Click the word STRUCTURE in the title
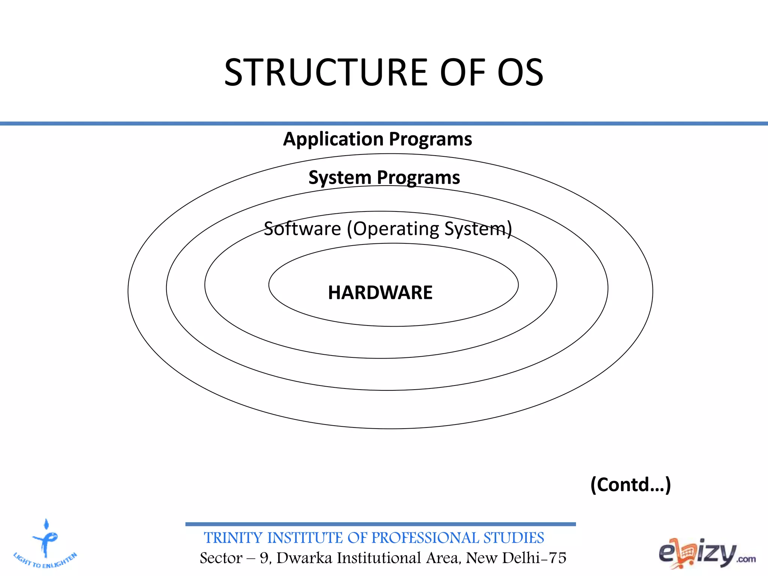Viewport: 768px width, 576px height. (x=325, y=72)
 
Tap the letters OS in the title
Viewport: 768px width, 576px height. (x=520, y=72)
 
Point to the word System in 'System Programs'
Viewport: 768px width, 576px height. (x=340, y=177)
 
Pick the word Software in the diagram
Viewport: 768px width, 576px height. (x=302, y=228)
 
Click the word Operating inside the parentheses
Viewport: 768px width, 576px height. (x=396, y=229)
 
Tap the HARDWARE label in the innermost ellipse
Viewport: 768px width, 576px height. (x=380, y=292)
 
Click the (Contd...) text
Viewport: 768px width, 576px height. (x=630, y=484)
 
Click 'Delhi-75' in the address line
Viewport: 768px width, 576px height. (x=534, y=558)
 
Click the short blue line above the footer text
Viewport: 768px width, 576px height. (x=380, y=524)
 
